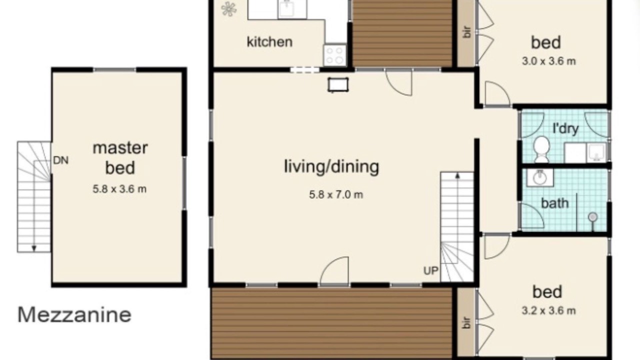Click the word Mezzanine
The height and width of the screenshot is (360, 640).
[x=74, y=315]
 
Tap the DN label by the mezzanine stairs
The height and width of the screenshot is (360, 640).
[x=61, y=160]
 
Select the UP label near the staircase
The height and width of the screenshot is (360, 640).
[x=431, y=270]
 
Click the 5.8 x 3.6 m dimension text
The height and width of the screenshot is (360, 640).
[x=119, y=189]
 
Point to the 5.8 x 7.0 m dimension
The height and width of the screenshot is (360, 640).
[x=336, y=195]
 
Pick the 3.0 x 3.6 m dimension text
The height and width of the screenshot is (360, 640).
[x=548, y=61]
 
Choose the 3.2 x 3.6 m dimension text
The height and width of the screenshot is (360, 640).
[x=548, y=310]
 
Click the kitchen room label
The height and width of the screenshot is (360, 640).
[x=269, y=42]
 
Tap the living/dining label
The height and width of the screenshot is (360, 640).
[x=331, y=167]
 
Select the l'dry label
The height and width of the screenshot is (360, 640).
[x=565, y=128]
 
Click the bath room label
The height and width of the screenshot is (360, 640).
[x=555, y=203]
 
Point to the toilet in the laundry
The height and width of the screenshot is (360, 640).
[x=541, y=149]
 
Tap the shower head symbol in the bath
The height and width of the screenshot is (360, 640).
[x=593, y=217]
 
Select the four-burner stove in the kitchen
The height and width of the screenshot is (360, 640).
[x=335, y=55]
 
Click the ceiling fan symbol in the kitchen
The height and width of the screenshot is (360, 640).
[x=229, y=9]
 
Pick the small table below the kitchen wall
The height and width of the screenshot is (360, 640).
[x=338, y=85]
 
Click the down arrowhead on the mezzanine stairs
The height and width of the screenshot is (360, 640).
[x=34, y=248]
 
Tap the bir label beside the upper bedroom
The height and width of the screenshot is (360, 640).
[x=467, y=32]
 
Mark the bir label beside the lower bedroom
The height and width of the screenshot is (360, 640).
[x=467, y=323]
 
